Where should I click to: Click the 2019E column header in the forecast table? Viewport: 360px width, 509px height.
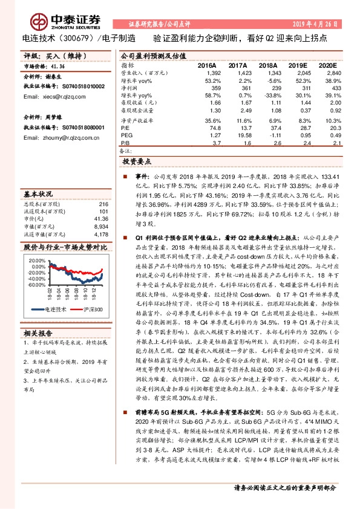[296, 65]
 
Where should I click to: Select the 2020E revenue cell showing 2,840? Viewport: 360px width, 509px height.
[335, 72]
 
